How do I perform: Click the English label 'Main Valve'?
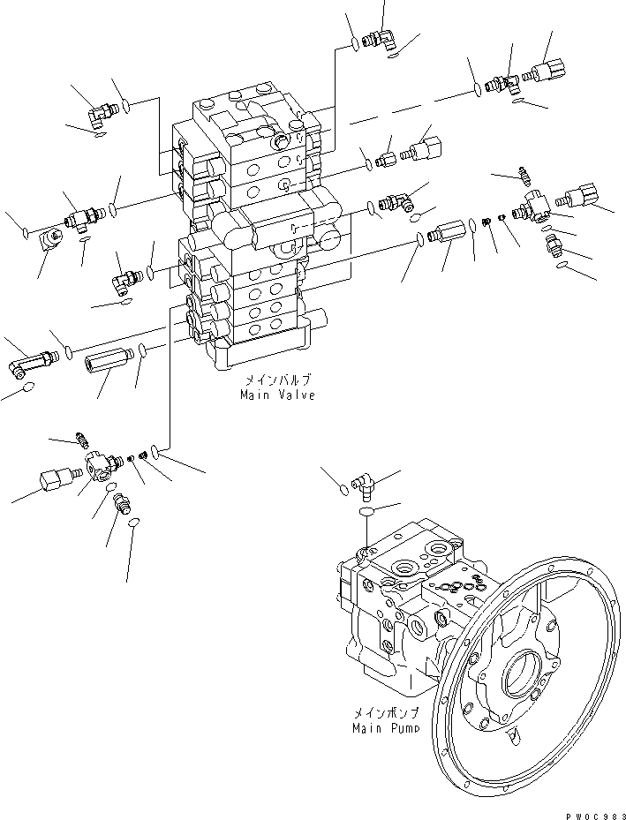tap(277, 395)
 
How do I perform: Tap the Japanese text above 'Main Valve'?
tap(277, 382)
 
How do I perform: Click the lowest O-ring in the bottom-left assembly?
tap(133, 524)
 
